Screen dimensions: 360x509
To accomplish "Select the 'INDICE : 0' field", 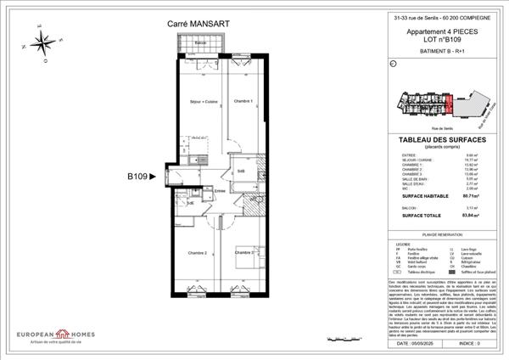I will [x=469, y=344].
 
